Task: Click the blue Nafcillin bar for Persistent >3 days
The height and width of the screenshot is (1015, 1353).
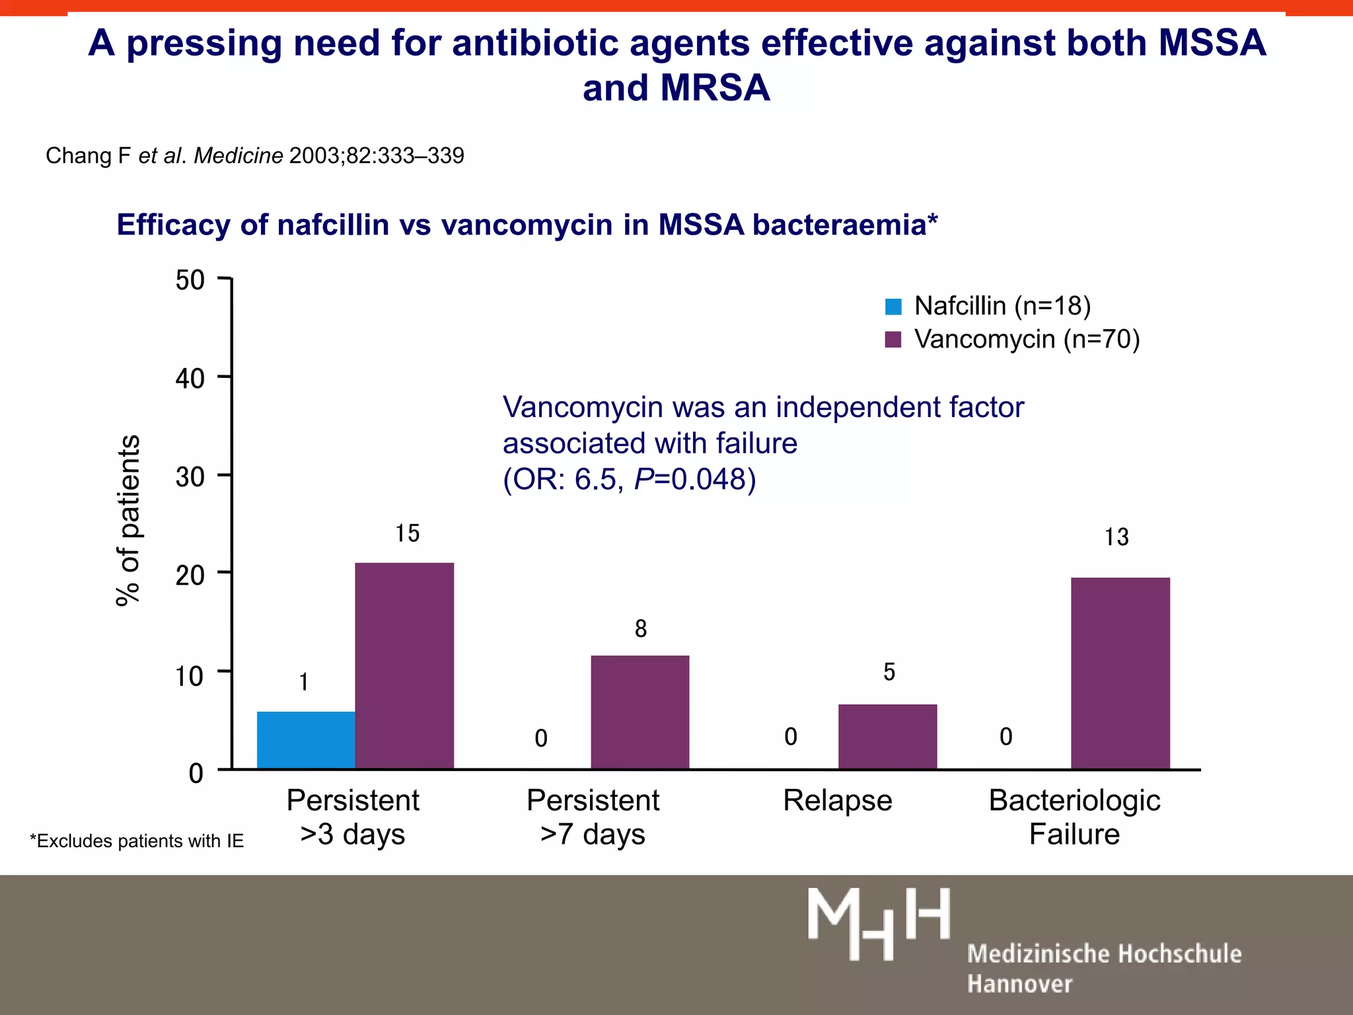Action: pyautogui.click(x=306, y=739)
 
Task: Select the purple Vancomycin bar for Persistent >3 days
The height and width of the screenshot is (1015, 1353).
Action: pyautogui.click(x=404, y=665)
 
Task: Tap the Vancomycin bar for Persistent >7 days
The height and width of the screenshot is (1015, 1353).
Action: pyautogui.click(x=640, y=712)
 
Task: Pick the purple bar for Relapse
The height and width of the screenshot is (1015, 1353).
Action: pyautogui.click(x=887, y=736)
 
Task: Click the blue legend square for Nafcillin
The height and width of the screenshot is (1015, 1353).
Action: pyautogui.click(x=893, y=307)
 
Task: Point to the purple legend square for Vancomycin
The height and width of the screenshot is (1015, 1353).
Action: pyautogui.click(x=893, y=340)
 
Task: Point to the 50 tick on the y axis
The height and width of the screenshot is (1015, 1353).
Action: pyautogui.click(x=190, y=280)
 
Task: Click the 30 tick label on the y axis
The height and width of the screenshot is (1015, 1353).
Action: pyautogui.click(x=190, y=476)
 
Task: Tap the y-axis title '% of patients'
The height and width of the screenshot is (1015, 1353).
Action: pyautogui.click(x=128, y=520)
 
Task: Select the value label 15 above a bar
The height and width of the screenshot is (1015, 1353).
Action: pyautogui.click(x=408, y=533)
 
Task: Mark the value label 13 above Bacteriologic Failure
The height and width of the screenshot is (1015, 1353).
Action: pyautogui.click(x=1116, y=537)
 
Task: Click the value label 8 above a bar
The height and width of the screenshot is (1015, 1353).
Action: pyautogui.click(x=641, y=628)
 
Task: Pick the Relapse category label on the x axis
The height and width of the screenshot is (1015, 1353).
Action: pyautogui.click(x=837, y=800)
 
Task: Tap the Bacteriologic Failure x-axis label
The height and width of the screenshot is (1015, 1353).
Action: pyautogui.click(x=1074, y=817)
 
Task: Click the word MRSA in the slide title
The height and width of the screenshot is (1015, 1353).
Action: pyautogui.click(x=715, y=88)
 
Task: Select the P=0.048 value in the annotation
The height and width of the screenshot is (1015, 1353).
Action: pyautogui.click(x=694, y=479)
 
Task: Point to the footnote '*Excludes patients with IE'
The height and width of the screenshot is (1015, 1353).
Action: pyautogui.click(x=137, y=841)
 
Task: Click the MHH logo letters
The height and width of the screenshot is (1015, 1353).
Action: pyautogui.click(x=879, y=923)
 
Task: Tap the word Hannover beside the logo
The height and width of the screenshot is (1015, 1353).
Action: pyautogui.click(x=1019, y=984)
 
